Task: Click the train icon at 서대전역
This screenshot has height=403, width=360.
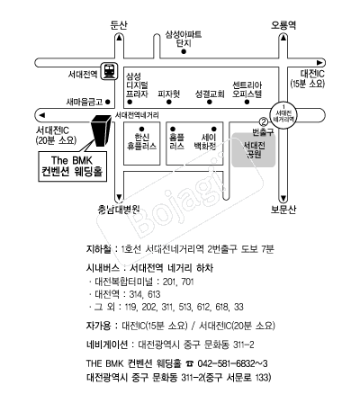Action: click(x=109, y=71)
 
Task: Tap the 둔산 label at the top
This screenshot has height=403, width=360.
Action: click(x=119, y=25)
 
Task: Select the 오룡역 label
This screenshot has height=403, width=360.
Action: click(x=283, y=25)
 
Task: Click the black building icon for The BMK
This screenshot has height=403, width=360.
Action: click(x=102, y=130)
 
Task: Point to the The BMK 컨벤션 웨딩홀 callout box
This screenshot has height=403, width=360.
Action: click(x=73, y=166)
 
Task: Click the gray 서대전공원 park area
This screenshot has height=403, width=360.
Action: click(x=254, y=150)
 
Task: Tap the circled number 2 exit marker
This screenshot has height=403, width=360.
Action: click(x=264, y=121)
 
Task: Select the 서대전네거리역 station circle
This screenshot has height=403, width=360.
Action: click(x=284, y=115)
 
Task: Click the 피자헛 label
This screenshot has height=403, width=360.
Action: click(x=169, y=94)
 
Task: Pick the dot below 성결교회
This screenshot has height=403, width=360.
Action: click(x=210, y=102)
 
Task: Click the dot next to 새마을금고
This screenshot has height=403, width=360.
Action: click(x=108, y=102)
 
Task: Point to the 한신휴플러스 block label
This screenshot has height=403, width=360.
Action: click(x=141, y=142)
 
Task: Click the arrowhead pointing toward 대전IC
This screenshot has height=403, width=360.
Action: click(x=320, y=63)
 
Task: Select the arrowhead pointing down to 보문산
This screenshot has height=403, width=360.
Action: click(x=283, y=198)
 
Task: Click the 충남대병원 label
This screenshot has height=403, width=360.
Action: click(x=119, y=210)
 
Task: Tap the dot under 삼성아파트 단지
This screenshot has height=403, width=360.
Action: click(x=184, y=51)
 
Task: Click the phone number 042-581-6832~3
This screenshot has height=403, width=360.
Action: click(x=232, y=363)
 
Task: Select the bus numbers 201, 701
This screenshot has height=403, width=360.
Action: click(x=178, y=282)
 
